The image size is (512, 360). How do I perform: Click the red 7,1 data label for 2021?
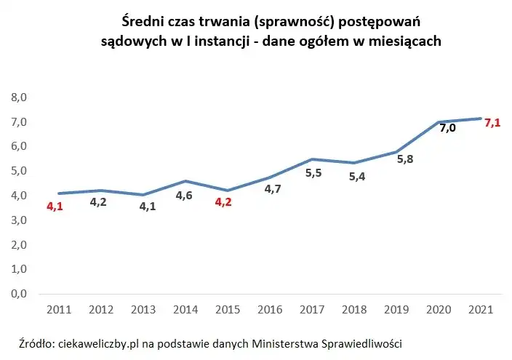[x=492, y=123]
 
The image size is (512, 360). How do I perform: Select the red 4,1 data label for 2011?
[x=55, y=207]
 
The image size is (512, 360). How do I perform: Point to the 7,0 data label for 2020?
[x=447, y=128]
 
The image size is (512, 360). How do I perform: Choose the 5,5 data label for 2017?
[x=313, y=173]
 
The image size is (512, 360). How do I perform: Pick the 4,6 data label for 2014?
[x=184, y=195]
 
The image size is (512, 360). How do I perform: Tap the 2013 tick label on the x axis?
[x=143, y=309]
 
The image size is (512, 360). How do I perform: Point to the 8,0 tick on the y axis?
[x=19, y=97]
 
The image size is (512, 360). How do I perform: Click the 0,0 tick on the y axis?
[x=19, y=294]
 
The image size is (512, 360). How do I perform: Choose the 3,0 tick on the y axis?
[x=19, y=220]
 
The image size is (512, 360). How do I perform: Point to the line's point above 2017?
[x=311, y=159]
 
